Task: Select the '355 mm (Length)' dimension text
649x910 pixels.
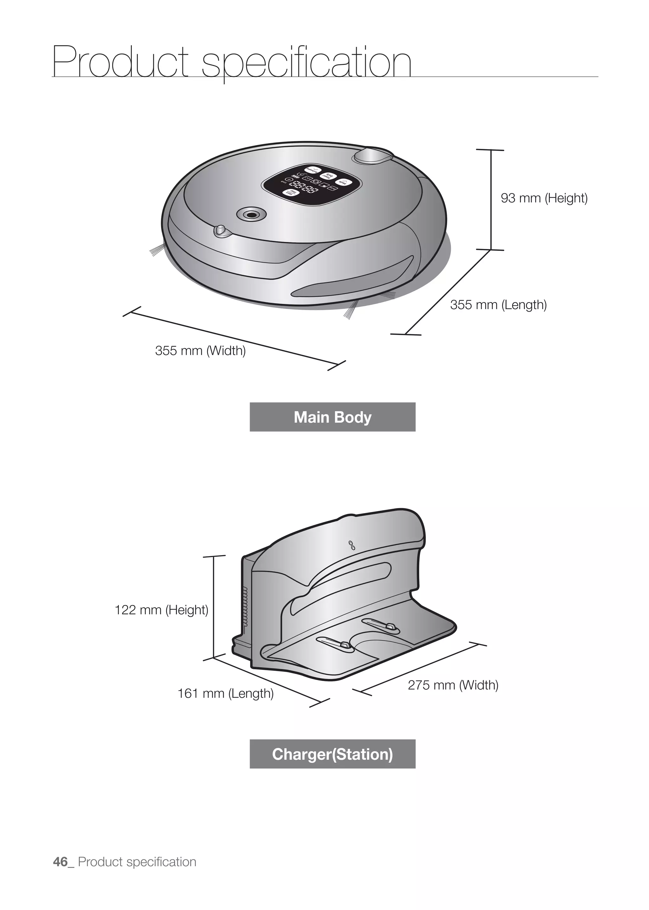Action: click(498, 305)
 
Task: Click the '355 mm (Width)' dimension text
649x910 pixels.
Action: click(200, 351)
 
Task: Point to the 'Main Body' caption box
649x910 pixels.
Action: click(332, 417)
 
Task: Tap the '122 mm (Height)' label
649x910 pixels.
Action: click(161, 610)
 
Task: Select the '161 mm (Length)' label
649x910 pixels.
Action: click(225, 693)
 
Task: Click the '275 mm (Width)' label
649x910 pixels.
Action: click(453, 685)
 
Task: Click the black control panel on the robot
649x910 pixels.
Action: click(312, 183)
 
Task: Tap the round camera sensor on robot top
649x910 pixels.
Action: click(251, 214)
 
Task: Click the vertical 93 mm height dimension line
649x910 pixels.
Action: click(491, 200)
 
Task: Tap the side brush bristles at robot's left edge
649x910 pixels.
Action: click(157, 250)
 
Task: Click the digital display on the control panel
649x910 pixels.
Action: click(300, 185)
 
